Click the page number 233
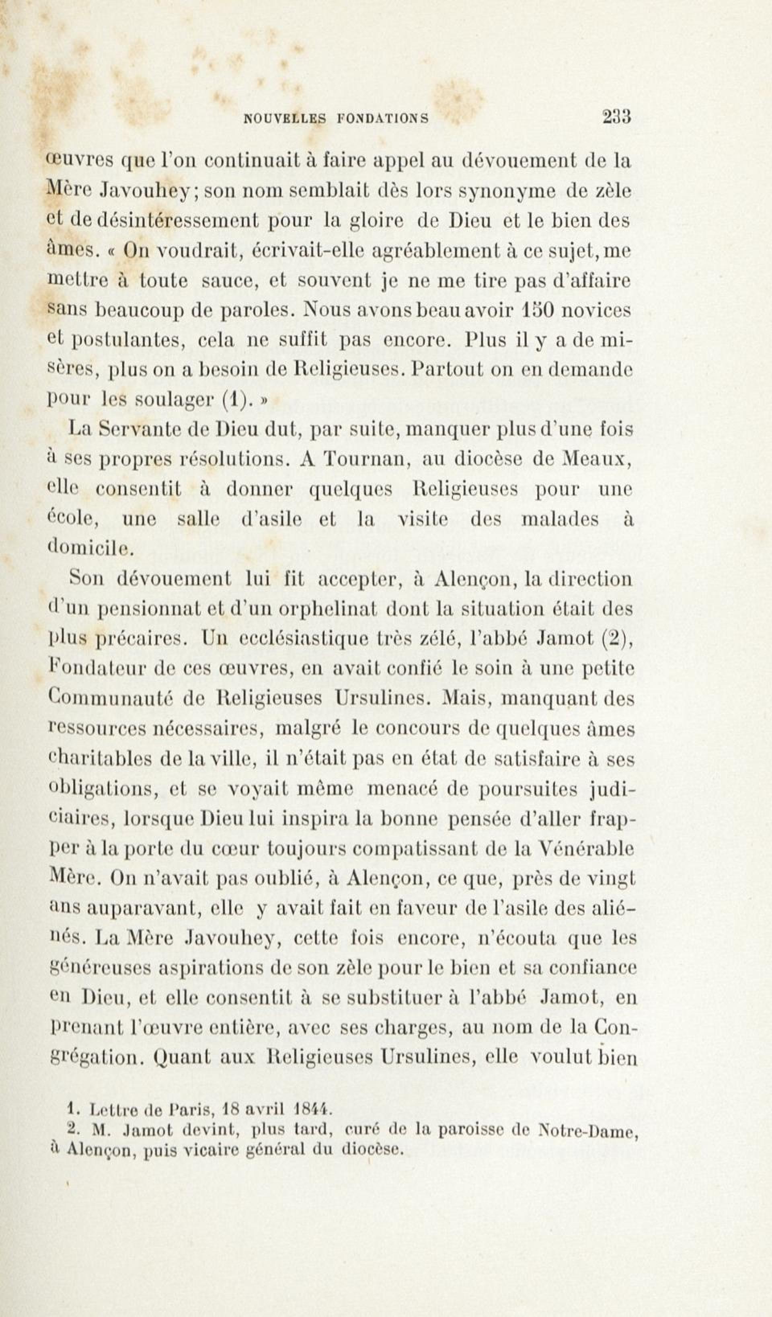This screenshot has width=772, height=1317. (x=617, y=116)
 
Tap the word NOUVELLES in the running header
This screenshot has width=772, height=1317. (x=285, y=119)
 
